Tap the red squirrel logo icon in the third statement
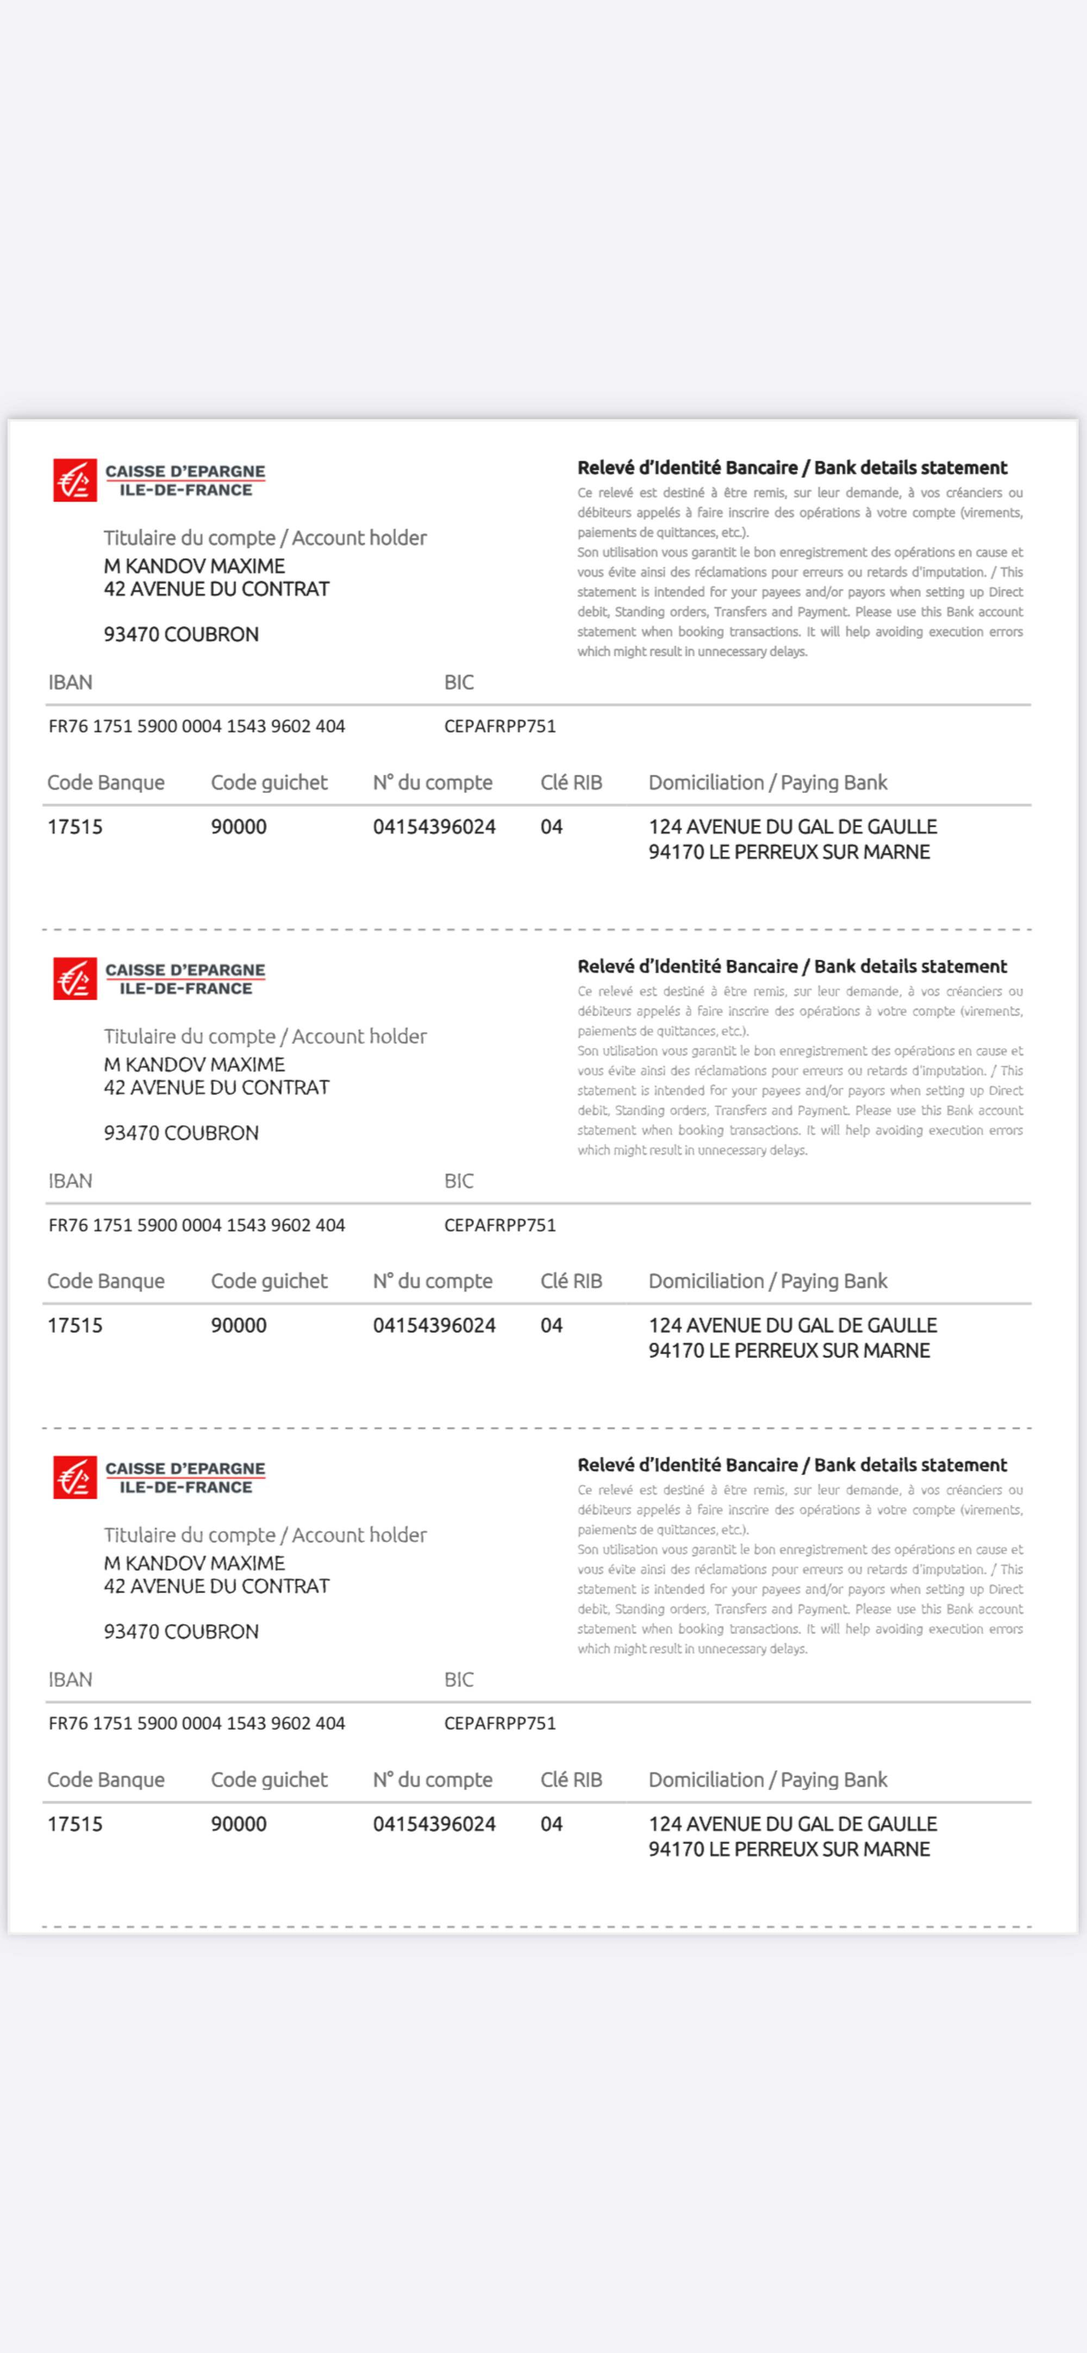[x=75, y=1477]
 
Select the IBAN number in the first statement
[x=196, y=726]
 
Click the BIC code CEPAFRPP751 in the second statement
[x=499, y=1225]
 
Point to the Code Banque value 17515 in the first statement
[x=75, y=827]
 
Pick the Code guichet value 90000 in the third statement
[x=239, y=1824]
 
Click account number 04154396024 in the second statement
[x=434, y=1325]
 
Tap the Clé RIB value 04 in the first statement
[x=551, y=827]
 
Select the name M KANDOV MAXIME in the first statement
[x=193, y=567]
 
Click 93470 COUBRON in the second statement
[x=181, y=1132]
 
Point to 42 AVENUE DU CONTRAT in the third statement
[x=216, y=1586]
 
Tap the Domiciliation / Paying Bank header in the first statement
[x=767, y=783]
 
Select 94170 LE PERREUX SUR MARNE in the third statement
[x=788, y=1849]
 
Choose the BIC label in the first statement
[x=459, y=682]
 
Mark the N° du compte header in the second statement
[x=432, y=1281]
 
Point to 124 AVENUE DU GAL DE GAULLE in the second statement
[x=792, y=1325]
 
